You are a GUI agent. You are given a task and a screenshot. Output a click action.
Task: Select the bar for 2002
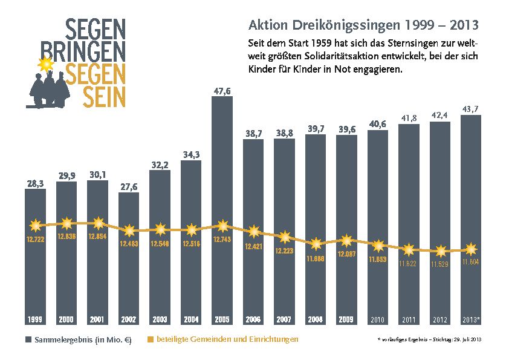129,272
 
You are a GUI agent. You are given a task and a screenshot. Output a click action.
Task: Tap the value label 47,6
222,91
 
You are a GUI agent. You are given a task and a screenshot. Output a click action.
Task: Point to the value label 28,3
35,183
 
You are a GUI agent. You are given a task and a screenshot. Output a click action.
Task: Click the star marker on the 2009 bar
346,241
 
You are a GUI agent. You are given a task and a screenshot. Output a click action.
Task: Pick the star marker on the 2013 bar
471,249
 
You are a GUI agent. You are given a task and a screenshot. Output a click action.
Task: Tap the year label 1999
35,319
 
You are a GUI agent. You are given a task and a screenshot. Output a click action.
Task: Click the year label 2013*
471,319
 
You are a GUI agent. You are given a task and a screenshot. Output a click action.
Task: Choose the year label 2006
253,319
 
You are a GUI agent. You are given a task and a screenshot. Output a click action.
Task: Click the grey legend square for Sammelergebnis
28,340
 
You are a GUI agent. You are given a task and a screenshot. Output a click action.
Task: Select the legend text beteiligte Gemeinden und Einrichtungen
227,339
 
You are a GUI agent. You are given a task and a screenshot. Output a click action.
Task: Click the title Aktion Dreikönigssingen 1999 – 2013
363,25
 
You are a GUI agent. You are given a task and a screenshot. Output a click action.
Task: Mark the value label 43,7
471,108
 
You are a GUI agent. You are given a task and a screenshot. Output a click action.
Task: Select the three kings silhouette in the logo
51,88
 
